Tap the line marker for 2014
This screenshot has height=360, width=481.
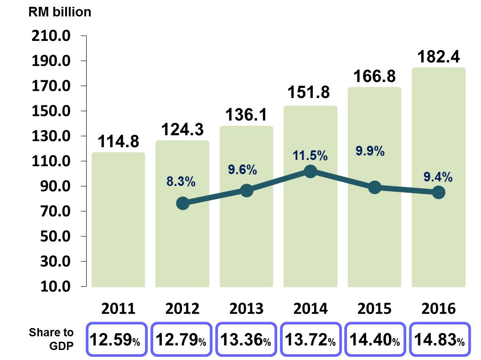[x=310, y=171]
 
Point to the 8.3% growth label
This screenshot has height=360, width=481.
[x=181, y=182]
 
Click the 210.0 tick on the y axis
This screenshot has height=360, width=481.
[x=50, y=36]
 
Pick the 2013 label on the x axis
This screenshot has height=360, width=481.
[x=247, y=309]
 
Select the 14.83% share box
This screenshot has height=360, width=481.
[x=439, y=339]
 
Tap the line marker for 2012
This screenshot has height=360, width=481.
[x=182, y=203]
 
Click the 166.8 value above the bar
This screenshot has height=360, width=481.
[x=374, y=76]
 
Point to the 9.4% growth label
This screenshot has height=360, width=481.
[x=438, y=176]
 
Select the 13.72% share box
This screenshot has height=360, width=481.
[x=310, y=339]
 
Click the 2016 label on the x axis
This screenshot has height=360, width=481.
[x=438, y=309]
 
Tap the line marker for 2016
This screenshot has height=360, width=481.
[x=439, y=192]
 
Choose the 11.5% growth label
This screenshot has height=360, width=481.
[x=310, y=156]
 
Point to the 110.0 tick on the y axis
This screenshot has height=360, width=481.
[x=50, y=161]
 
